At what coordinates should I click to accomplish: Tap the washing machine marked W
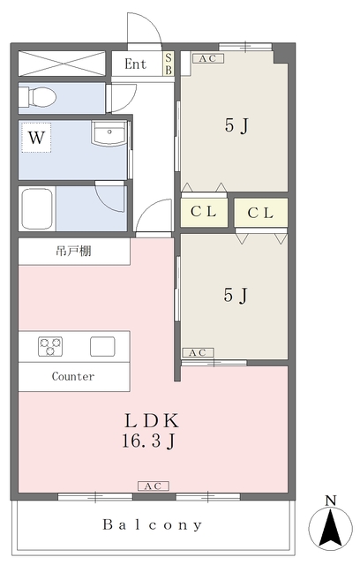pos(36,138)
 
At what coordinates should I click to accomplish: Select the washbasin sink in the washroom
pos(109,133)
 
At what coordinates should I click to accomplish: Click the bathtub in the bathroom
pos(37,208)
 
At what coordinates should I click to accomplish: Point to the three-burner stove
pos(50,346)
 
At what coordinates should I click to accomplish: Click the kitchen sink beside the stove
pos(102,346)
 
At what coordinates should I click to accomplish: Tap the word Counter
pos(73,377)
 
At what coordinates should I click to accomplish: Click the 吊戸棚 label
pos(73,251)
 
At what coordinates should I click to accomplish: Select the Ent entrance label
pos(135,64)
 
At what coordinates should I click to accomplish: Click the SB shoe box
pos(169,64)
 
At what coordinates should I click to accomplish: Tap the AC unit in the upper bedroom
pos(208,58)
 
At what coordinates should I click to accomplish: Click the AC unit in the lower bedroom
pos(198,352)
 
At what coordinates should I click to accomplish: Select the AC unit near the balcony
pos(154,486)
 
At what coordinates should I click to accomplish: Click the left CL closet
pos(204,212)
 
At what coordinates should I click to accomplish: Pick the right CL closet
pos(260,213)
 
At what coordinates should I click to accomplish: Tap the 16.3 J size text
pos(149,441)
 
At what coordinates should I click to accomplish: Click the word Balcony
pos(152,525)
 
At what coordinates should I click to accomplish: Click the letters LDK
pos(152,420)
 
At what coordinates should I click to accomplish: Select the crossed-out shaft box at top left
pos(62,64)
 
